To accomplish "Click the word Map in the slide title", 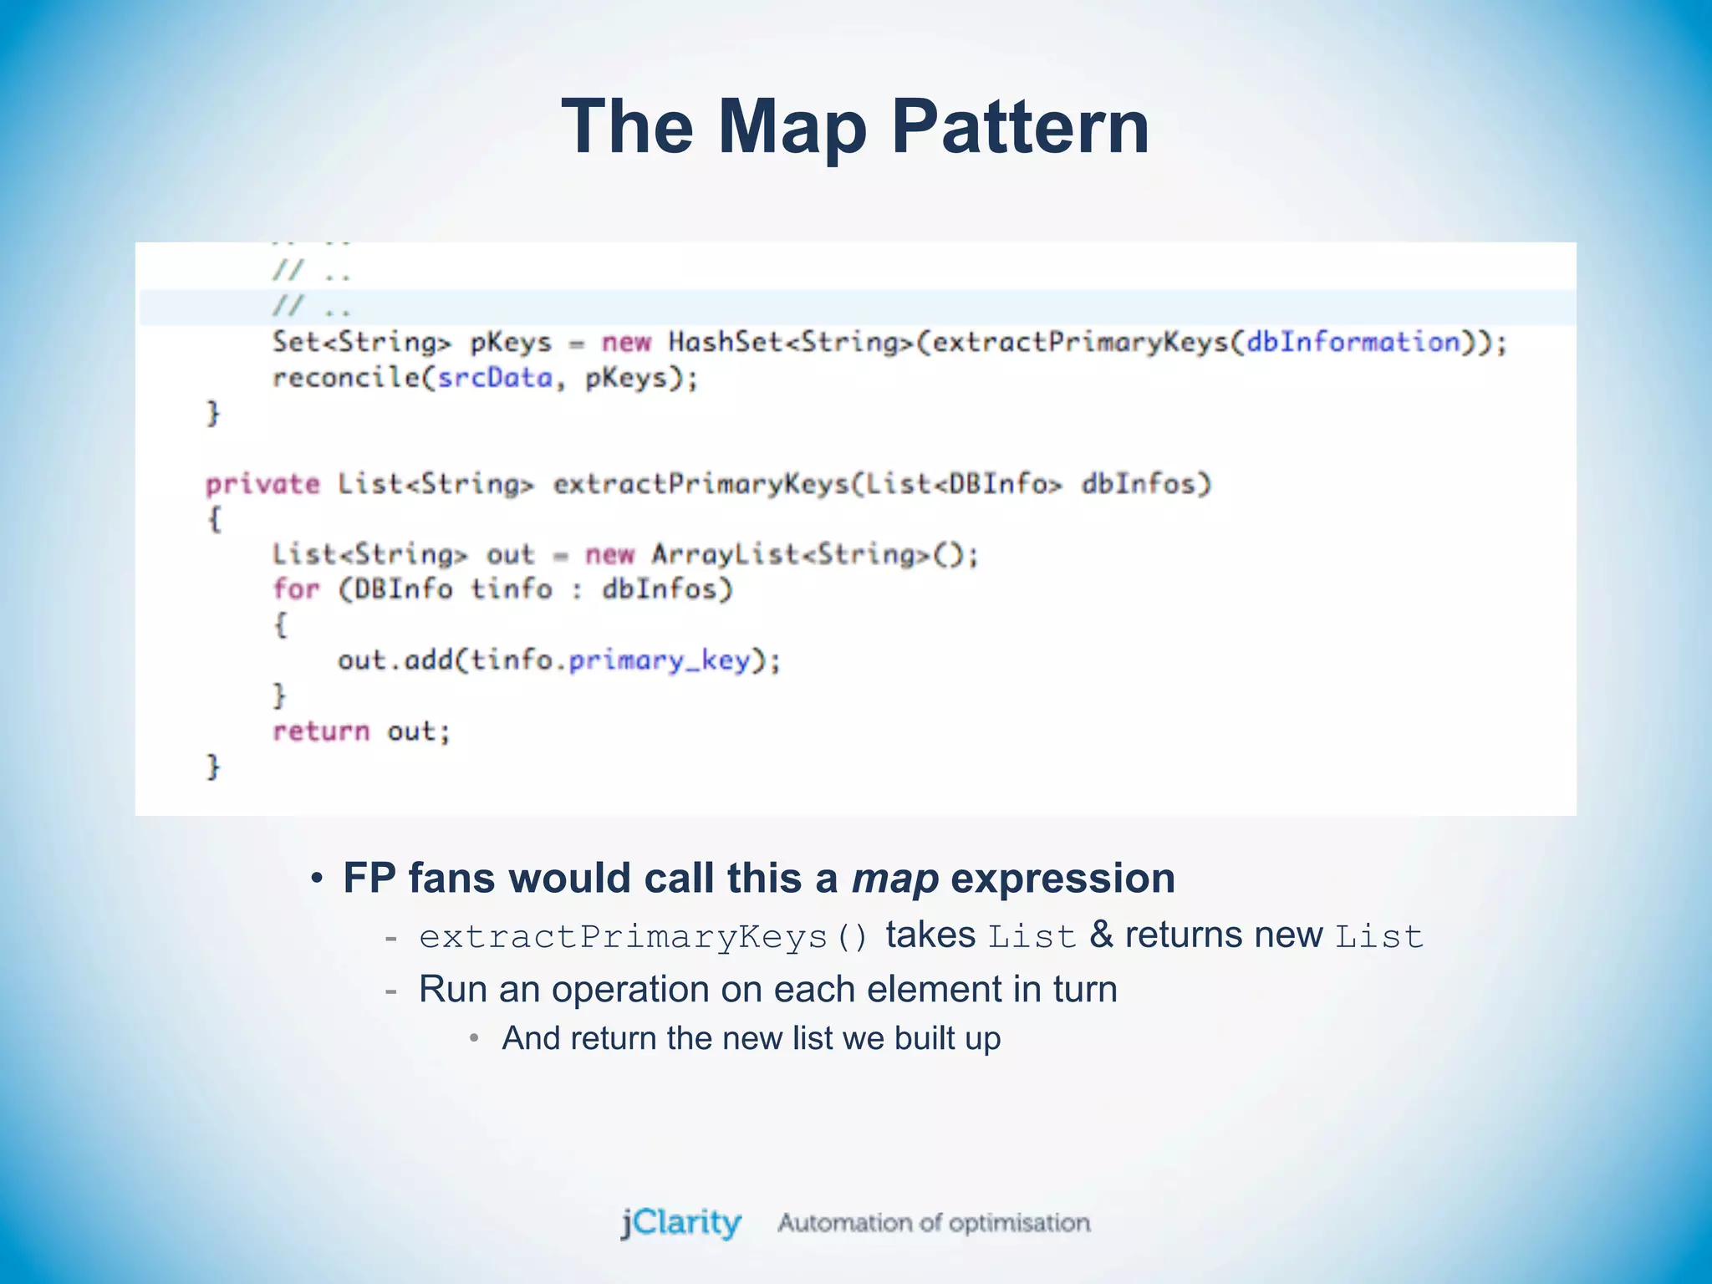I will pyautogui.click(x=791, y=127).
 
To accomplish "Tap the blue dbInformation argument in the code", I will pyautogui.click(x=1353, y=342).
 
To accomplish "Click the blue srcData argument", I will pyautogui.click(x=495, y=378).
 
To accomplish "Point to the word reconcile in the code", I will pyautogui.click(x=346, y=378).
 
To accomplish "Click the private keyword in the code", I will pyautogui.click(x=262, y=484).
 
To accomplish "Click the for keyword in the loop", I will pyautogui.click(x=296, y=589).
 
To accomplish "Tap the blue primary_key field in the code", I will pyautogui.click(x=660, y=660).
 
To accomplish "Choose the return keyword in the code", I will pyautogui.click(x=321, y=731).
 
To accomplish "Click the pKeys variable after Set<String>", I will pyautogui.click(x=511, y=342).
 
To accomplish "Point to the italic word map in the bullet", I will pyautogui.click(x=894, y=879).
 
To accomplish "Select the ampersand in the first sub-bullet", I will pyautogui.click(x=1101, y=935).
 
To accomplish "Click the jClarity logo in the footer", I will pyautogui.click(x=680, y=1223).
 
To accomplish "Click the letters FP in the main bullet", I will pyautogui.click(x=369, y=879).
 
